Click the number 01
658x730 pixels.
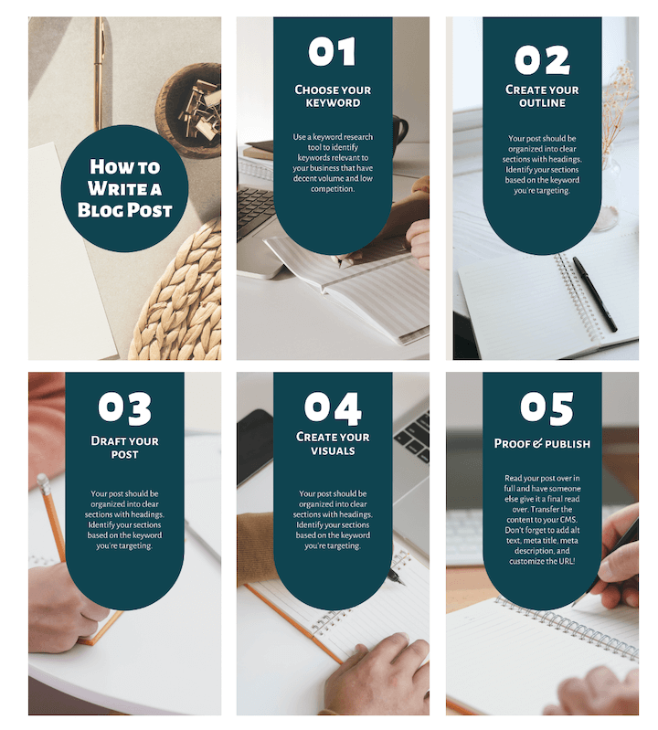pos(332,51)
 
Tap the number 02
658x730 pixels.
pos(542,60)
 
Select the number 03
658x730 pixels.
pos(125,408)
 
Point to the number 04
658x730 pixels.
pos(333,408)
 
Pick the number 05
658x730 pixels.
pos(547,408)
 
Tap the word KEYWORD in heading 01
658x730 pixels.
pos(333,103)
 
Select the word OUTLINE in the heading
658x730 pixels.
pos(542,103)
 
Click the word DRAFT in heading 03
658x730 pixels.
pos(108,441)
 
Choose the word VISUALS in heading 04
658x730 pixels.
pos(333,450)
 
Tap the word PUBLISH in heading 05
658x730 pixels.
pos(568,444)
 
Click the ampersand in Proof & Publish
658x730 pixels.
pos(537,443)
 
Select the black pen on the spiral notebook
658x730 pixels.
pos(595,294)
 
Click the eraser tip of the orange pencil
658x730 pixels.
pos(42,480)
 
